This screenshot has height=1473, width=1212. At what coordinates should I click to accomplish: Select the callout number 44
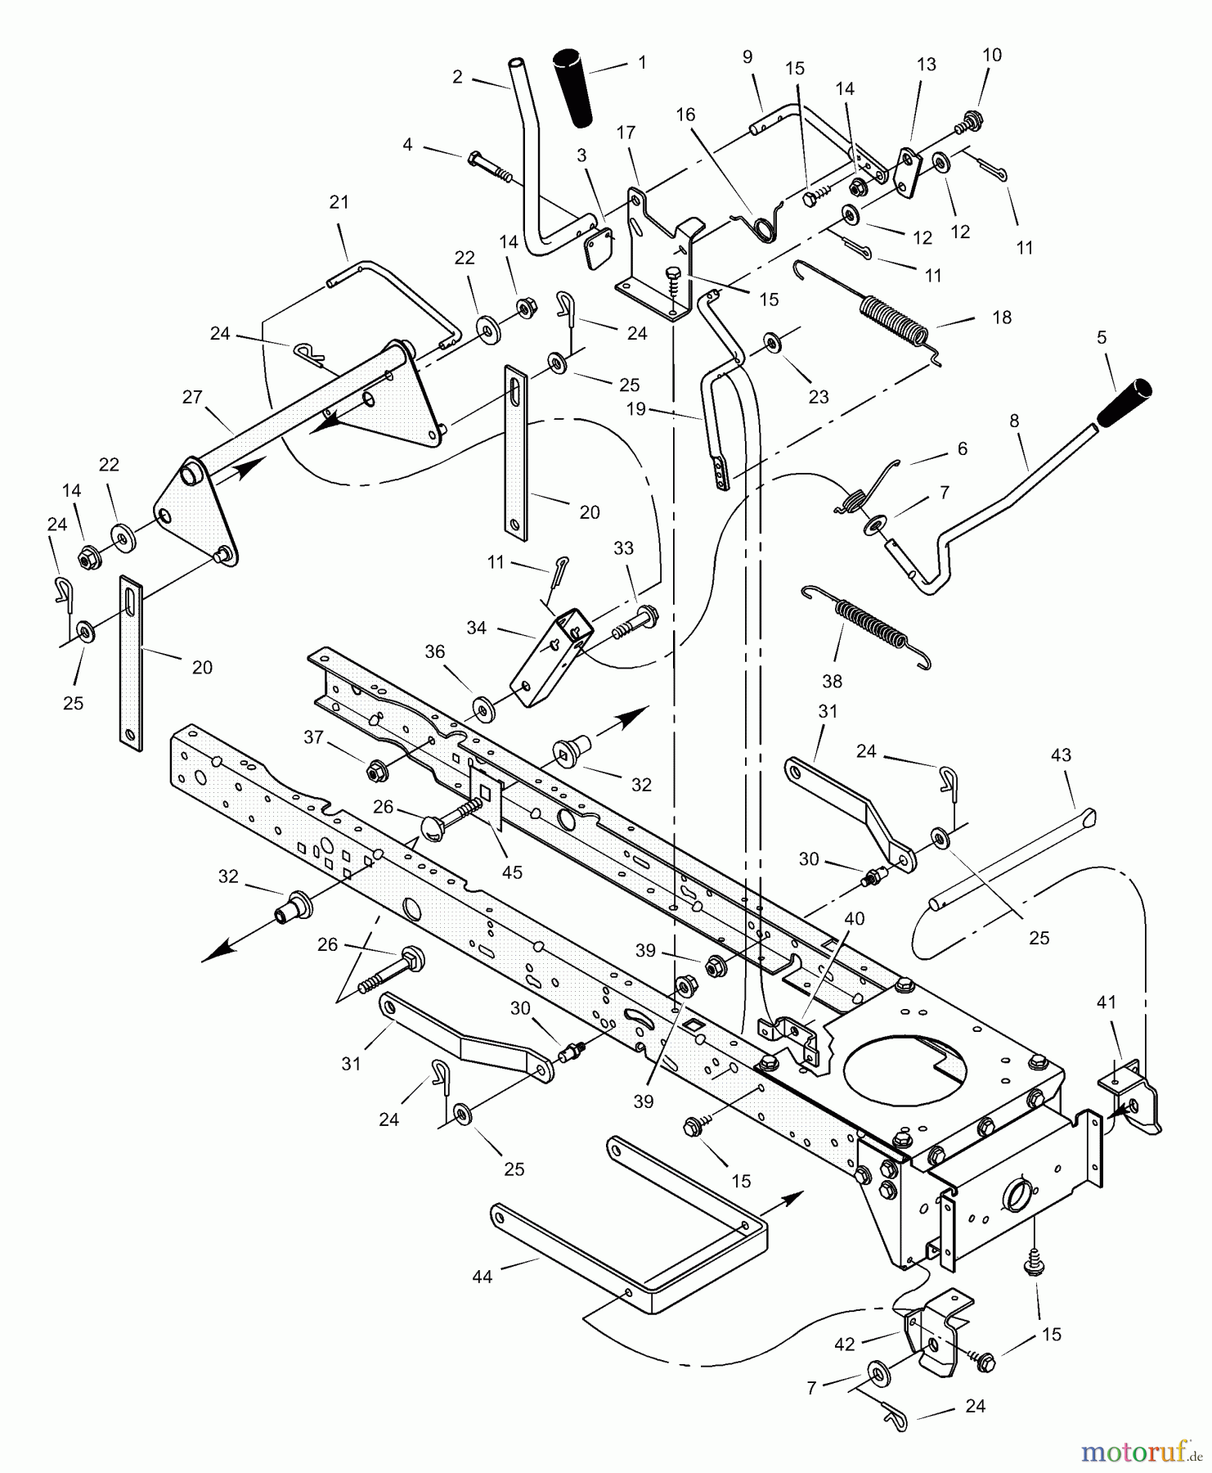(x=483, y=1276)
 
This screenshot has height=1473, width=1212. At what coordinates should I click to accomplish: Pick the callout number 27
(x=192, y=397)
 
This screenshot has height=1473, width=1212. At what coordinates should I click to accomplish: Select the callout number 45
(x=511, y=872)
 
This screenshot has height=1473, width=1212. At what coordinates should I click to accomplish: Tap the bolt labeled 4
(x=489, y=167)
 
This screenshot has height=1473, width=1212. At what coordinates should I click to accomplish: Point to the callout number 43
(x=1060, y=755)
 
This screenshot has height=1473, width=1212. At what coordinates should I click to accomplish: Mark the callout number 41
(x=1106, y=1002)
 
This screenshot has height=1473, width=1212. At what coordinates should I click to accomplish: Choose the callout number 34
(x=476, y=628)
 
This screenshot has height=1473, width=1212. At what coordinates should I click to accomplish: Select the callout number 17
(x=626, y=133)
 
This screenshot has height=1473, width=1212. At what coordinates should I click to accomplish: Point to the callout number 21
(x=339, y=201)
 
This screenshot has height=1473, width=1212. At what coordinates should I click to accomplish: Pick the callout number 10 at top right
(x=991, y=55)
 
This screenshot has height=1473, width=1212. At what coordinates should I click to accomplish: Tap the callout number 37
(x=314, y=737)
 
